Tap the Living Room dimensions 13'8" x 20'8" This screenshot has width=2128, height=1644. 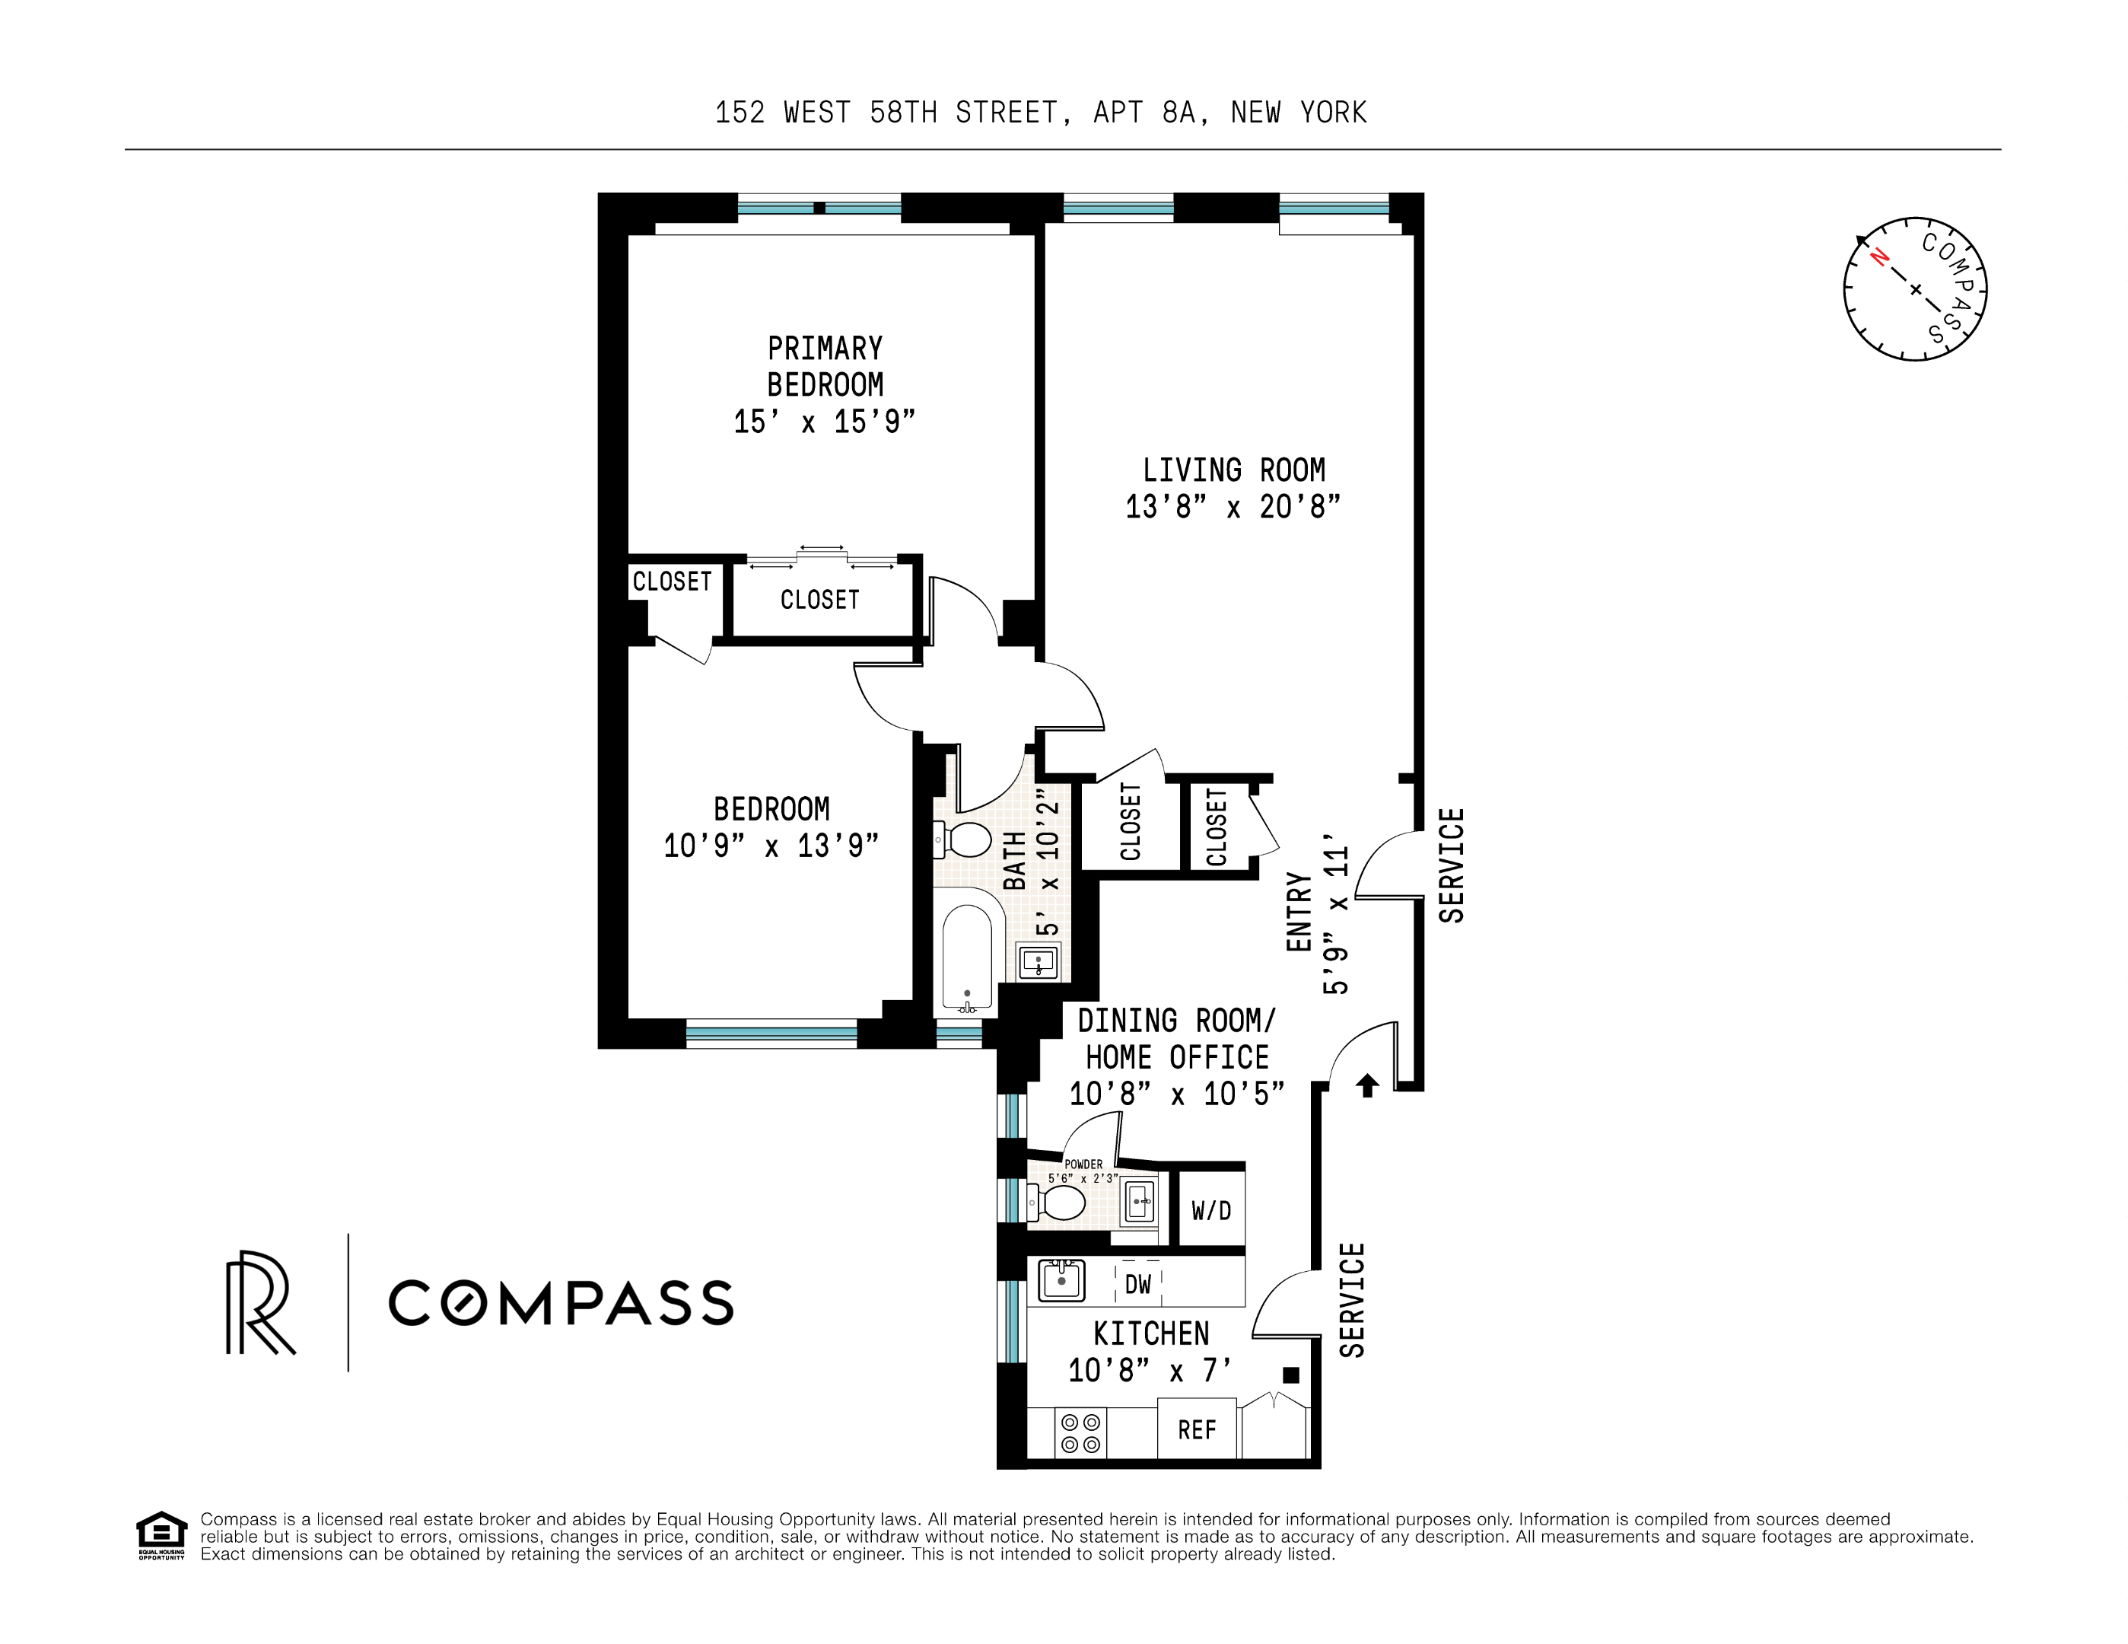click(1233, 508)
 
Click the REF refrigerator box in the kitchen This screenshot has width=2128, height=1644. click(1197, 1429)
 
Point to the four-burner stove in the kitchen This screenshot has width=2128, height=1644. click(1080, 1433)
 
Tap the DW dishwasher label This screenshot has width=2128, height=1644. click(1137, 1285)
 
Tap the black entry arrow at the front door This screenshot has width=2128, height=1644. click(1367, 1085)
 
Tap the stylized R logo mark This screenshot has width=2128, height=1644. click(259, 1303)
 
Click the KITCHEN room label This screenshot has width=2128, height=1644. click(1150, 1333)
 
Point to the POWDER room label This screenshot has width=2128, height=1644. click(1083, 1164)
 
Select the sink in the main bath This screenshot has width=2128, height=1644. click(1039, 963)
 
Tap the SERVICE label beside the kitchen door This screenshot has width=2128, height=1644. click(1351, 1300)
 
